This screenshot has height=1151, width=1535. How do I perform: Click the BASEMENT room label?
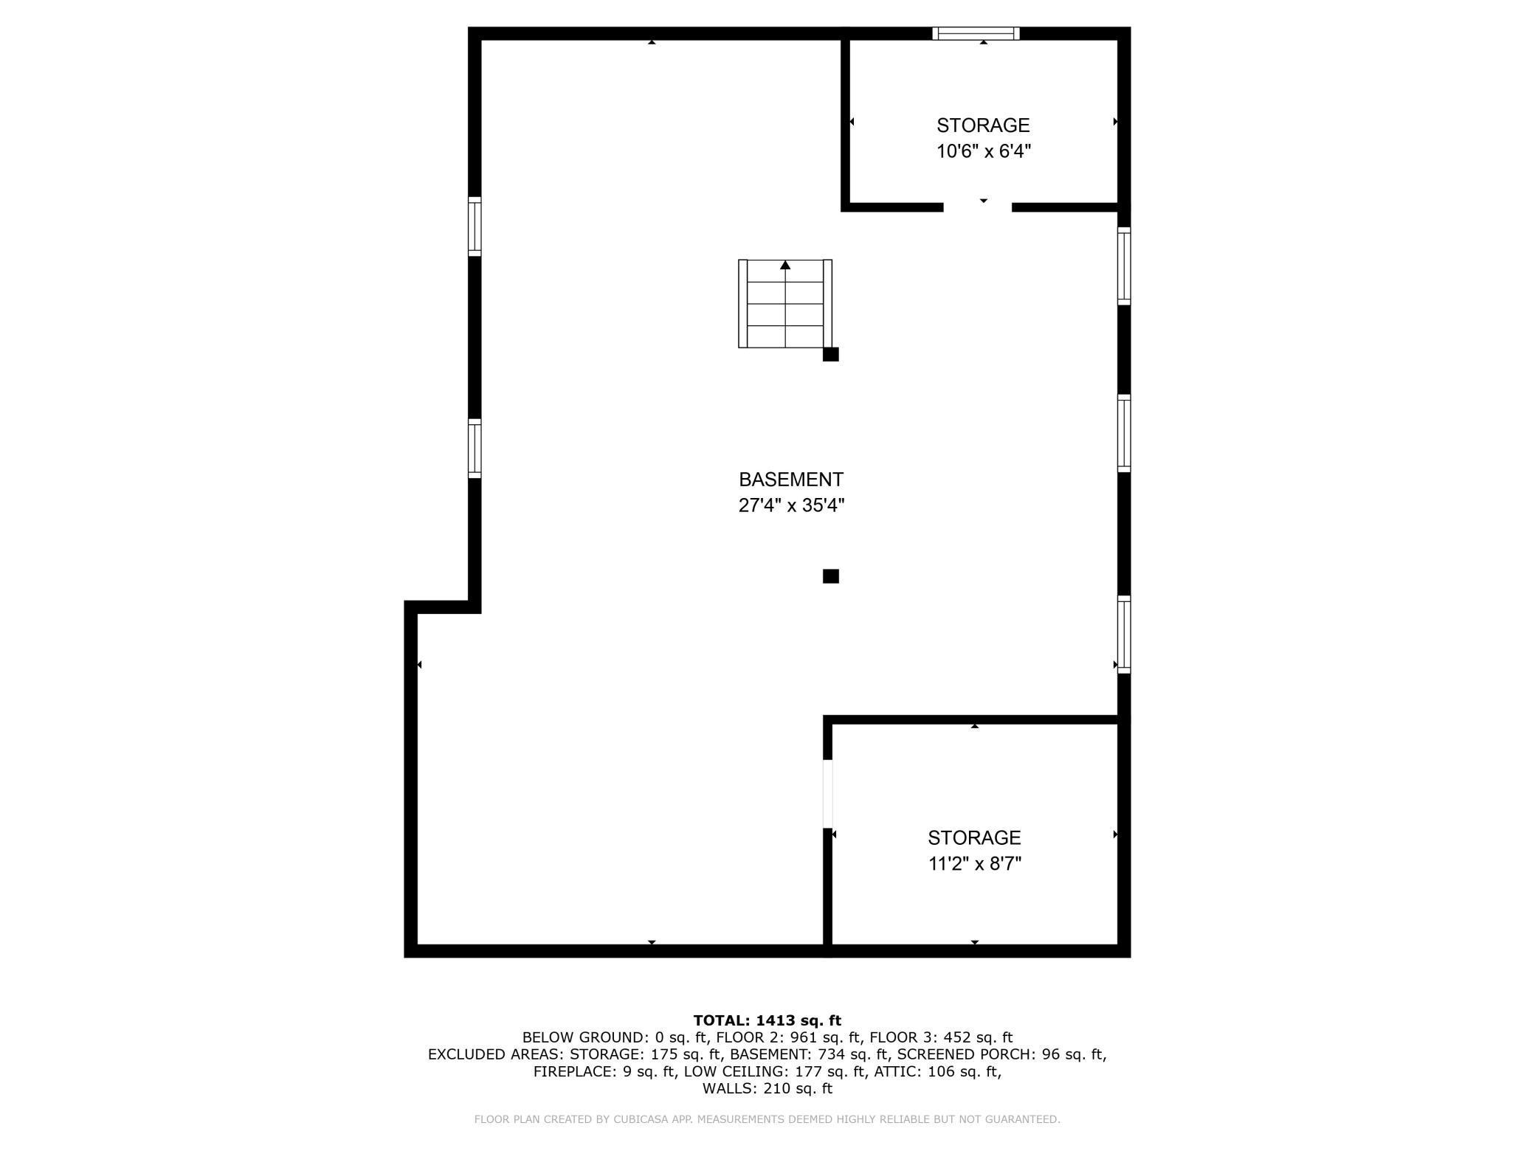790,480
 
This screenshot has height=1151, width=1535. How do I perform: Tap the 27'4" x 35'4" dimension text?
791,505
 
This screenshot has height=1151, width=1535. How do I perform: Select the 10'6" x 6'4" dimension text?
984,151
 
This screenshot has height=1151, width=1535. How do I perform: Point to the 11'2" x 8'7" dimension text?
975,863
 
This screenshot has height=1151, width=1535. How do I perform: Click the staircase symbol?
785,303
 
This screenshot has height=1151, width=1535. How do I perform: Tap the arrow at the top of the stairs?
785,265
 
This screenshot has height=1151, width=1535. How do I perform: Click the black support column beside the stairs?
831,354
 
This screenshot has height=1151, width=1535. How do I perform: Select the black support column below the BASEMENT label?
831,576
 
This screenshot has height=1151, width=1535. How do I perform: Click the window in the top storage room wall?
976,33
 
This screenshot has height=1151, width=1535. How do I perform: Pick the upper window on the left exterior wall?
475,227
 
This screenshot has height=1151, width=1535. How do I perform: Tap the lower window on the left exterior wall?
475,449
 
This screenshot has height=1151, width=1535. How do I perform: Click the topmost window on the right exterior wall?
1124,266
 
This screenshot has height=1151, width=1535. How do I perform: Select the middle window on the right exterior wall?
1124,433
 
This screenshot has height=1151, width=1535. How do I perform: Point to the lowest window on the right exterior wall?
1124,635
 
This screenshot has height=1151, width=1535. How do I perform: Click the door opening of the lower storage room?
828,793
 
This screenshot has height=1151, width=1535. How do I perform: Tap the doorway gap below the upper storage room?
978,207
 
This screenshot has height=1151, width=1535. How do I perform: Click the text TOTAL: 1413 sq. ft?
767,1020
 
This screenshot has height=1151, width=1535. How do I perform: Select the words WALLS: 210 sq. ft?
767,1088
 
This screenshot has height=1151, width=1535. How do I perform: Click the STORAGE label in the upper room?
983,125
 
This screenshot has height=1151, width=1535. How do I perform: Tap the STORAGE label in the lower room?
974,837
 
